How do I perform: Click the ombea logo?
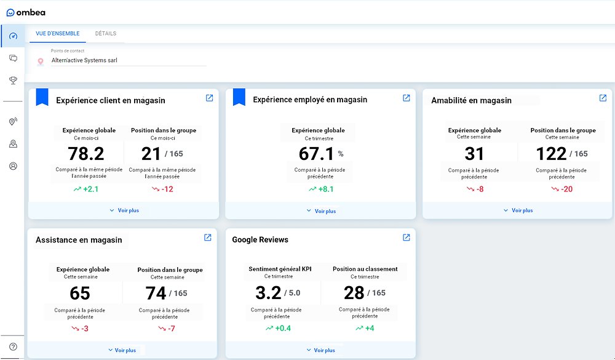[26, 12]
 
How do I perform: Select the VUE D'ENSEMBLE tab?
[57, 34]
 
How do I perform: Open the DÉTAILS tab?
[106, 34]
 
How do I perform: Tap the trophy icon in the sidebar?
[13, 81]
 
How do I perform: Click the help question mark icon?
[13, 346]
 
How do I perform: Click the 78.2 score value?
[85, 153]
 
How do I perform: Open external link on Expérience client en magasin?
[209, 98]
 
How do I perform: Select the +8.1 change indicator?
[321, 189]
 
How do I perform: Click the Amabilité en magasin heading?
[471, 100]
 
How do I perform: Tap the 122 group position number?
[551, 153]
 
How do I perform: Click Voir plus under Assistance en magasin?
[122, 350]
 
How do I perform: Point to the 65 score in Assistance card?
[80, 293]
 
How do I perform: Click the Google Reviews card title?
[260, 239]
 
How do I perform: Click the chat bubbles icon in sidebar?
[13, 58]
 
